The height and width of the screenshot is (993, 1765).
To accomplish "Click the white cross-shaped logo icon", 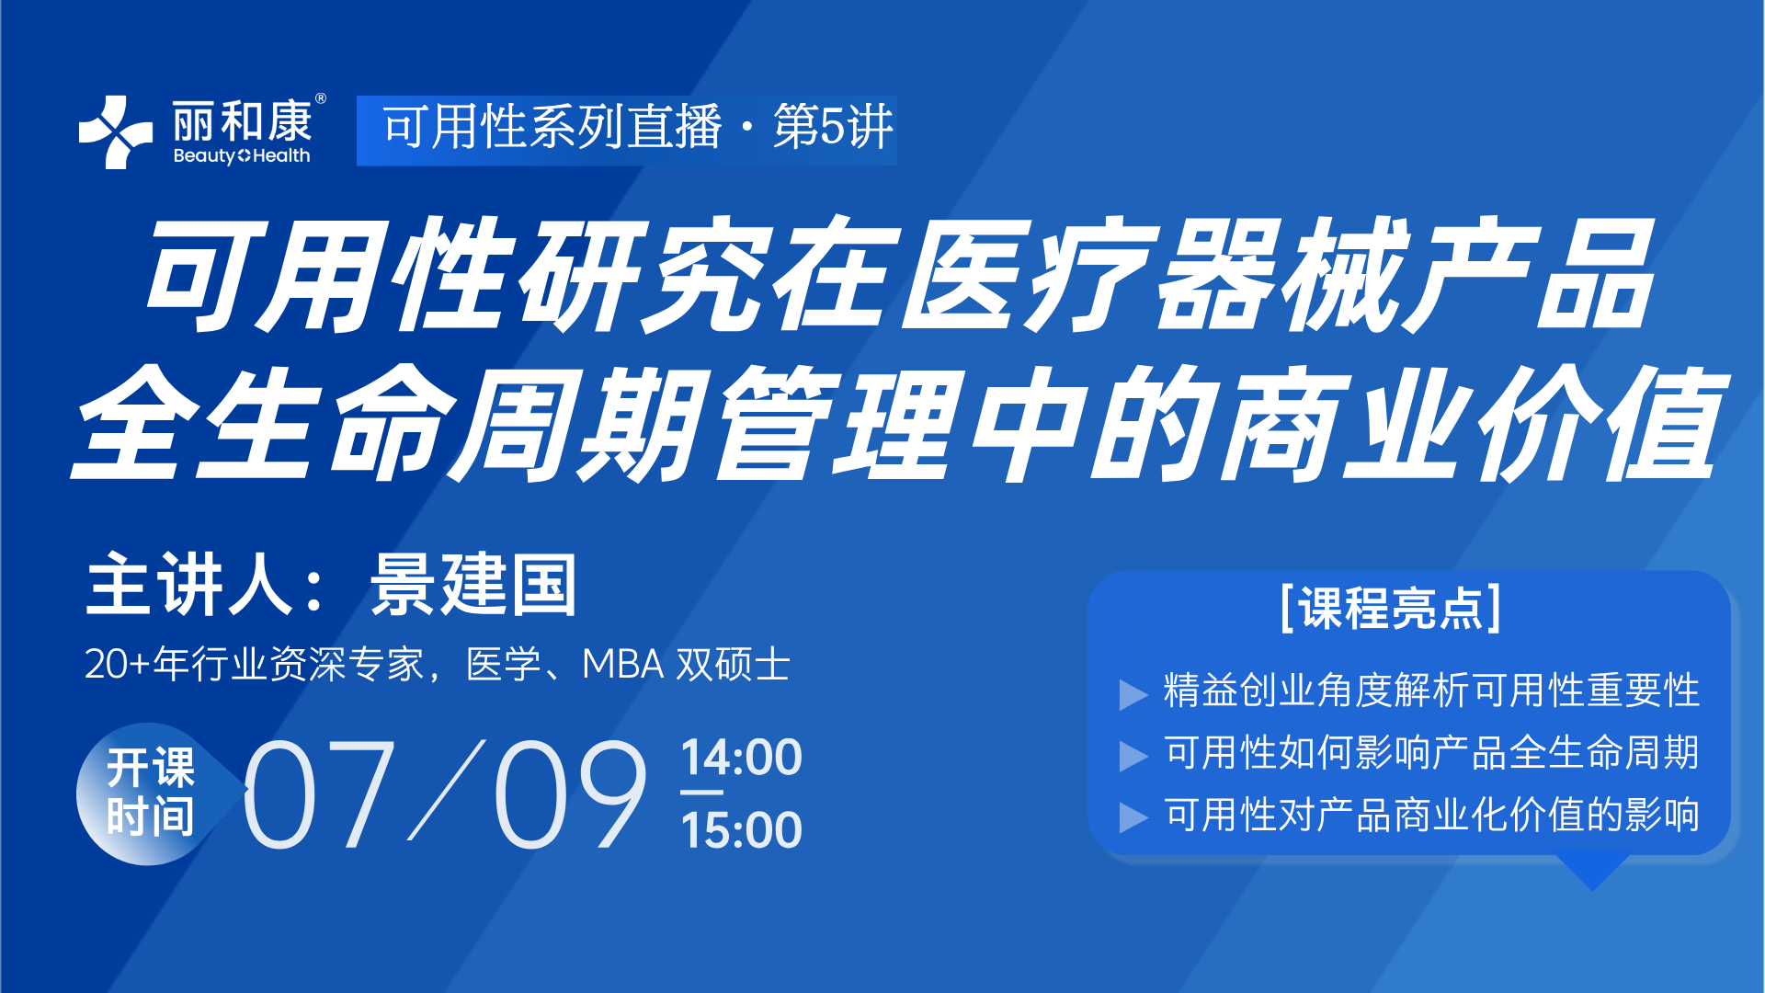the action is click(115, 131).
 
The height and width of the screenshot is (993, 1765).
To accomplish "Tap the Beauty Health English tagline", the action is click(242, 155).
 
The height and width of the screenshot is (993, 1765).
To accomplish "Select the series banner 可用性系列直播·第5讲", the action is click(627, 130).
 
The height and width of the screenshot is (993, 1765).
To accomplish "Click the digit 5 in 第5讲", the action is click(834, 127).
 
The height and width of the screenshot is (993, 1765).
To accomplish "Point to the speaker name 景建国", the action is click(473, 585).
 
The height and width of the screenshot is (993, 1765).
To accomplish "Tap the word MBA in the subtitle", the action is click(623, 664).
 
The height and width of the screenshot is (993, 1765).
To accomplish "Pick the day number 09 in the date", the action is click(571, 794).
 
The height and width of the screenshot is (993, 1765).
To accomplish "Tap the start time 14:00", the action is click(742, 758).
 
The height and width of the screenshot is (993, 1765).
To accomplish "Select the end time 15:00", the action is click(742, 830).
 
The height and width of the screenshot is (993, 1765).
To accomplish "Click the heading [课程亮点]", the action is click(1391, 608).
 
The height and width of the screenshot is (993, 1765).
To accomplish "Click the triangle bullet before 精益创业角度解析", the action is click(1133, 695).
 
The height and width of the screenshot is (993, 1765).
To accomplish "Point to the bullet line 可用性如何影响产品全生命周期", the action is click(1431, 752).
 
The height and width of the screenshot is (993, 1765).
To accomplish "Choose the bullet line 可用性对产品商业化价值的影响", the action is click(1431, 815).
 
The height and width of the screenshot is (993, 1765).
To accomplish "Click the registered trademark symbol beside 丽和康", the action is click(320, 98).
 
